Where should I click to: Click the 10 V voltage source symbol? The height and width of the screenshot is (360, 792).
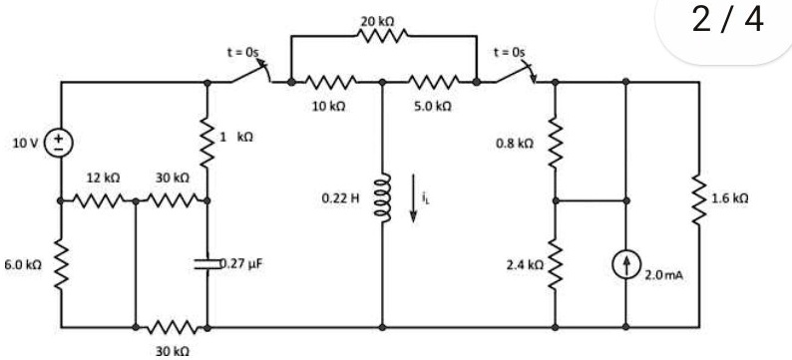point(60,143)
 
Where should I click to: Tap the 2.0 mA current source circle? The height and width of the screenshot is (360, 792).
point(625,265)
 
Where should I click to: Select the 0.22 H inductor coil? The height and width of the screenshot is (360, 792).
point(382,197)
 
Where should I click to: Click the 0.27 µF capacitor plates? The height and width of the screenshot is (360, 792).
point(207,263)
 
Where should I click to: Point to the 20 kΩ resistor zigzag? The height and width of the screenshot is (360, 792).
point(382,36)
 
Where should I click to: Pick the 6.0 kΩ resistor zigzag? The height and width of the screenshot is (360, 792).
point(61,264)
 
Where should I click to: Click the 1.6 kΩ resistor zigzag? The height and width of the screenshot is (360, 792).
point(699,199)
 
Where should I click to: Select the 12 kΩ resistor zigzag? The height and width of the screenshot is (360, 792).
point(98,200)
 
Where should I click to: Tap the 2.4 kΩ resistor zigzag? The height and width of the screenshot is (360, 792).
point(556,264)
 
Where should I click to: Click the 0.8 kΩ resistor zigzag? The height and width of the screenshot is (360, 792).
point(556,143)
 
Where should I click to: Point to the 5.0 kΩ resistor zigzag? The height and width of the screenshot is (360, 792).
point(434,82)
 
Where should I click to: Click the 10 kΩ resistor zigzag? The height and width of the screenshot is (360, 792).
point(331,82)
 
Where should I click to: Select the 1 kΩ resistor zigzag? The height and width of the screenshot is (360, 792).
point(207,143)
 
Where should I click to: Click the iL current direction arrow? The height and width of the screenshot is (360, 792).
point(413,197)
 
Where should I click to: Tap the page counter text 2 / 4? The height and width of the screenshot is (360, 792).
point(728,20)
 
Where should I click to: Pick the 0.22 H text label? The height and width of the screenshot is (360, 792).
point(340,198)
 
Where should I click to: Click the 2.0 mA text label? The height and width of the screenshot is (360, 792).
point(664,275)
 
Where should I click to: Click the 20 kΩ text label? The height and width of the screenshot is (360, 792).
point(378,21)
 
